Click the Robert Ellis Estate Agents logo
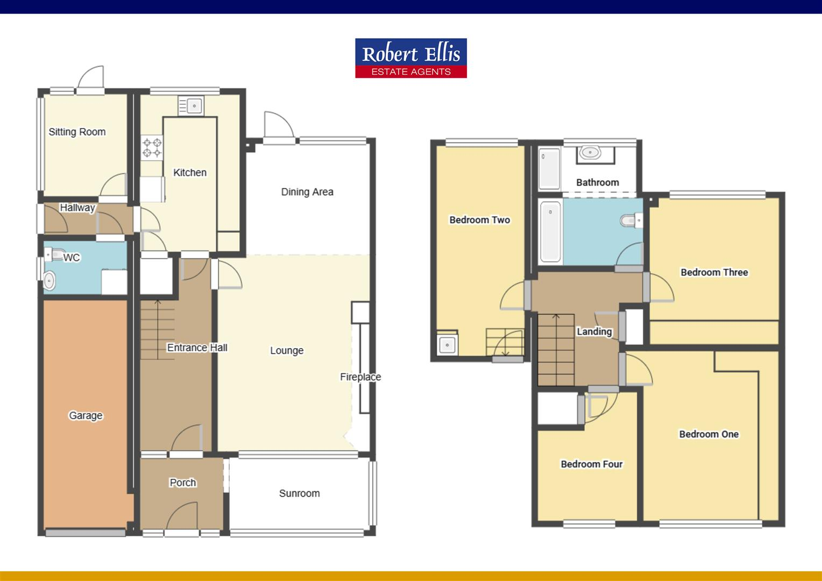(411, 58)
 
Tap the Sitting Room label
(77, 132)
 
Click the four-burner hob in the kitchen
(152, 147)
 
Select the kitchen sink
(190, 105)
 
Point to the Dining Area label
(307, 192)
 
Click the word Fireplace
(360, 377)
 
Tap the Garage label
(86, 415)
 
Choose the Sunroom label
(299, 493)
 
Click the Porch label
(183, 483)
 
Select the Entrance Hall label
(197, 348)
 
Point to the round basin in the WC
(49, 280)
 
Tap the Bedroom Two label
(479, 219)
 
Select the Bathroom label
(597, 182)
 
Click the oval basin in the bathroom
(590, 152)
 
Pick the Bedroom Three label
(714, 272)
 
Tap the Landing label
(594, 331)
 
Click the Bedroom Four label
(591, 464)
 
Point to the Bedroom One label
(708, 434)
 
